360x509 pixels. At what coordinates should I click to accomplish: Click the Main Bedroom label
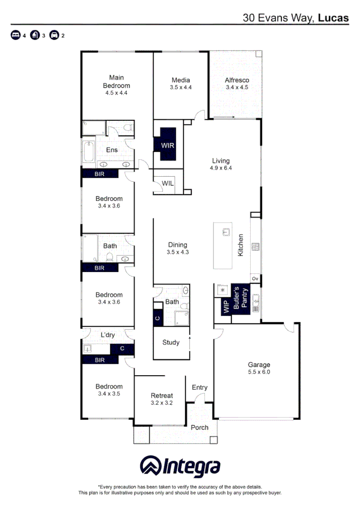point(116,82)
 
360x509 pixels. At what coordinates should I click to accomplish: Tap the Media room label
point(180,80)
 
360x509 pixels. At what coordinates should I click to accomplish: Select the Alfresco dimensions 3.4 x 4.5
point(237,87)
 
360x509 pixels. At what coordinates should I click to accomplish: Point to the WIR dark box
point(168,145)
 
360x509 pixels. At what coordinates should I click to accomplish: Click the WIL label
point(168,183)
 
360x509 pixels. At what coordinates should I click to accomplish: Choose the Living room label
point(221,161)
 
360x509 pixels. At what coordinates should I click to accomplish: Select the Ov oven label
point(255,279)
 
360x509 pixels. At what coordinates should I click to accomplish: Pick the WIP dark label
point(225,307)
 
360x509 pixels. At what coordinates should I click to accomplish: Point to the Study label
point(171,343)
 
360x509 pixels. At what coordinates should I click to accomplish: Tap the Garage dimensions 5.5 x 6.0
point(259,372)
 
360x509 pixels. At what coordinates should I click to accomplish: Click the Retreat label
point(162,395)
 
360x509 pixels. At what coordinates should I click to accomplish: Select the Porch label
point(199,427)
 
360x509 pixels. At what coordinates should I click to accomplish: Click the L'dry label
point(108,335)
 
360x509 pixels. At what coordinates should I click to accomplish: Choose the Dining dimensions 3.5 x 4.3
point(178,252)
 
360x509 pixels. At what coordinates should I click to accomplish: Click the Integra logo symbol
point(150,466)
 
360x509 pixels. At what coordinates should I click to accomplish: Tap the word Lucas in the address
point(333,18)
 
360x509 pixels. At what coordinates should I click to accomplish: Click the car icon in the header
point(54,35)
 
